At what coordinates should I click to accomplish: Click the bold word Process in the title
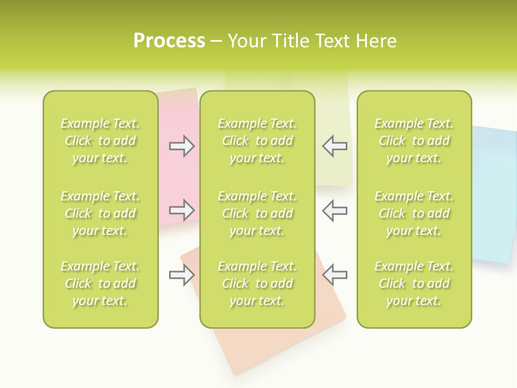169,41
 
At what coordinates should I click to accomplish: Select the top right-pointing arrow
182,146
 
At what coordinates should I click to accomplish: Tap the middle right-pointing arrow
182,210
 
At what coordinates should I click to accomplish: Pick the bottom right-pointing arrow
182,275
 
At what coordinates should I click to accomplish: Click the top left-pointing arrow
334,146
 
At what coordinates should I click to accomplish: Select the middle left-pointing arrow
334,210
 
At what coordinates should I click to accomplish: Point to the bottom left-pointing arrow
334,275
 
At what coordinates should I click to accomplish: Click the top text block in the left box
100,141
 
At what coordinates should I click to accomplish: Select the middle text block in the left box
100,213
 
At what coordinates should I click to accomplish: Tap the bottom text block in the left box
100,283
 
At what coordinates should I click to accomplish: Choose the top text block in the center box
257,141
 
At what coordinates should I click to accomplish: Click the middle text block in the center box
257,213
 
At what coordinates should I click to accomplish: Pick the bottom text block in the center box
257,283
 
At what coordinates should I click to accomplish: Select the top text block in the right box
414,141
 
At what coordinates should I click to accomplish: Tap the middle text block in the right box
414,213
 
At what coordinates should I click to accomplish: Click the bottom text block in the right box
414,283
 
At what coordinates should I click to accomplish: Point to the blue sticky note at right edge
493,194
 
